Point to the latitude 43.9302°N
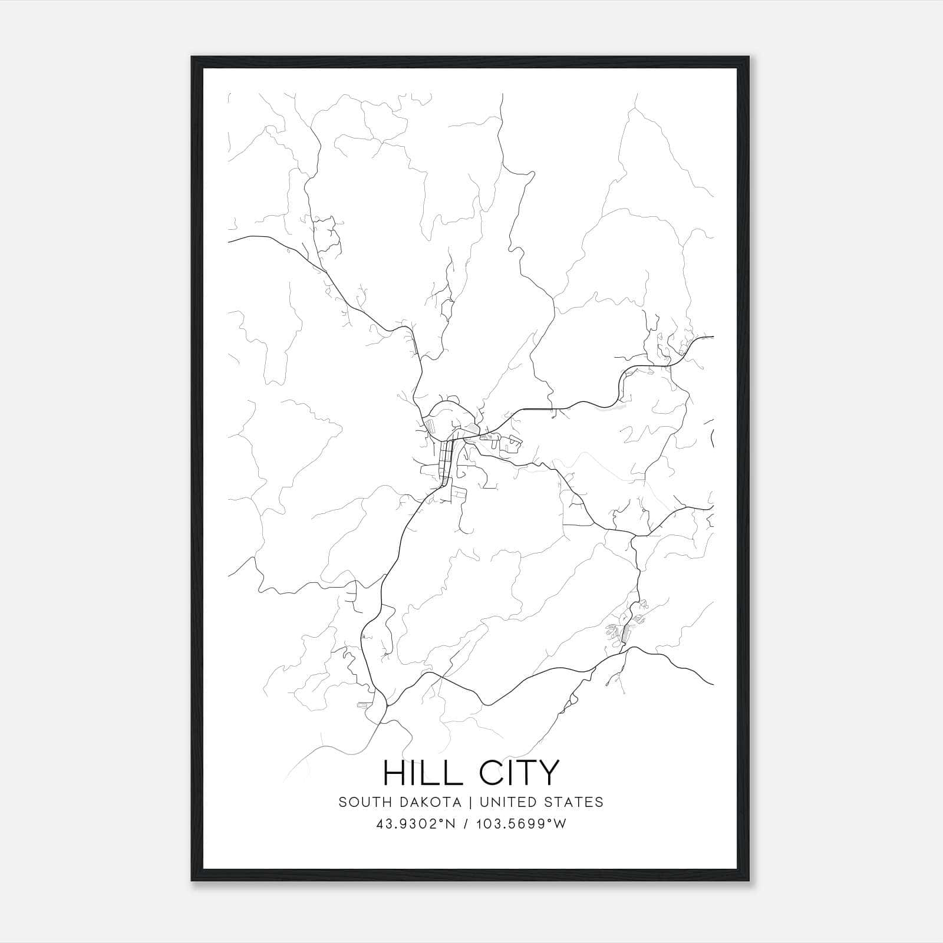tap(414, 824)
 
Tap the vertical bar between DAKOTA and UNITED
tap(473, 802)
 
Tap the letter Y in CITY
tap(546, 773)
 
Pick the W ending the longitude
tap(560, 824)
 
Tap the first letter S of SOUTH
tap(342, 802)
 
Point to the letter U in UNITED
tap(484, 802)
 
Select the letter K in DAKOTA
tap(427, 802)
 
